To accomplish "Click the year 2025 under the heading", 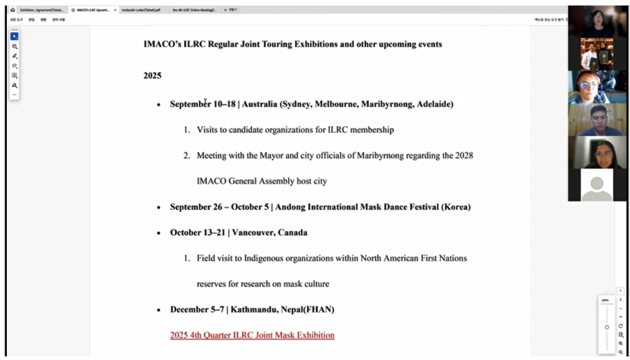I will [x=152, y=75].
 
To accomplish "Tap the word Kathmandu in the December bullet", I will [x=255, y=309].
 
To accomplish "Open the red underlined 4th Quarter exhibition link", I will [x=252, y=335].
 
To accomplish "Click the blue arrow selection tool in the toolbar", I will [x=14, y=36].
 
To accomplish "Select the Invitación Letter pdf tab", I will [x=142, y=10].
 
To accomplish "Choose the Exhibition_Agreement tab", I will [x=42, y=10].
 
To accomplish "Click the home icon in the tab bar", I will [x=12, y=10].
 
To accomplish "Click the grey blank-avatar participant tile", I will [x=597, y=185].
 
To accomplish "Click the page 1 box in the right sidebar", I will [x=620, y=291].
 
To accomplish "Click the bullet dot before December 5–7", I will [x=158, y=310].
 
